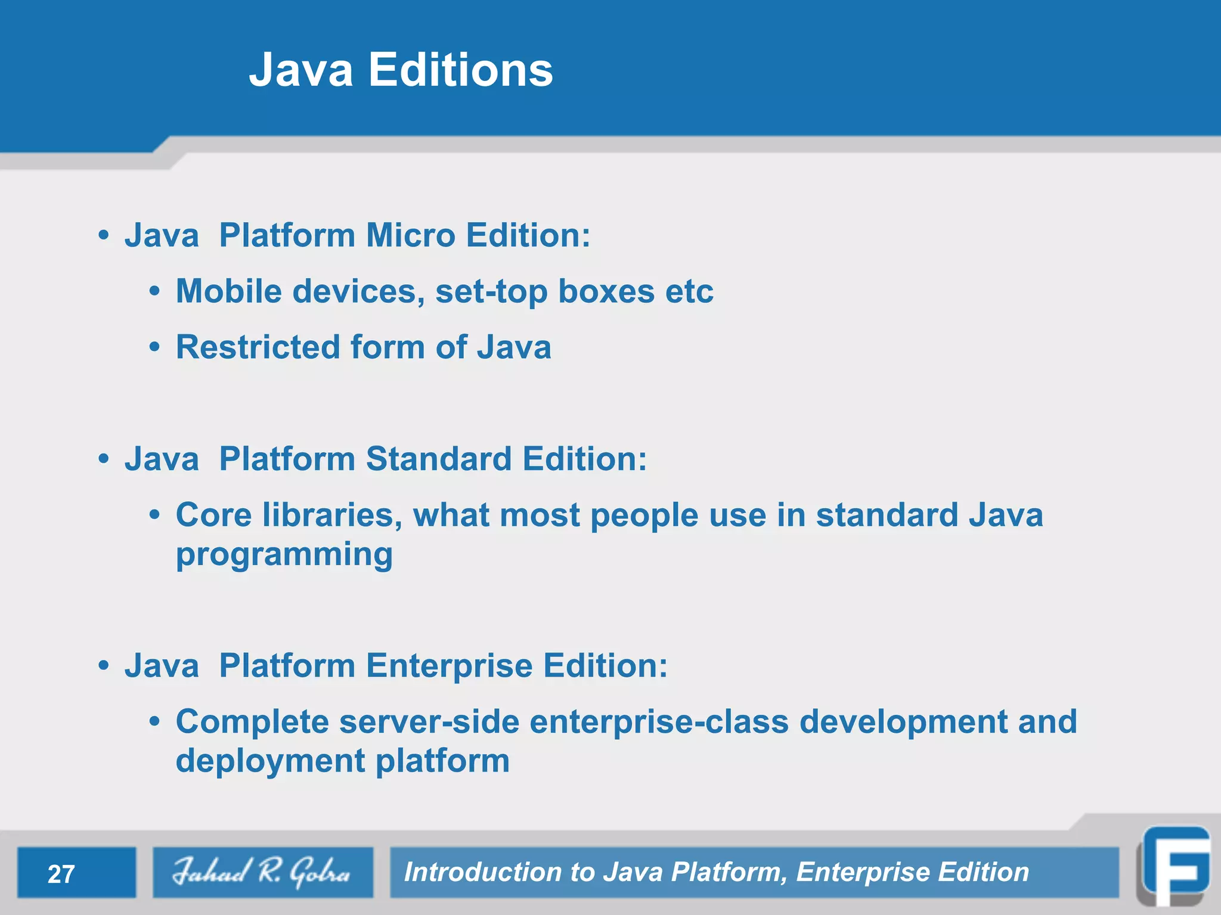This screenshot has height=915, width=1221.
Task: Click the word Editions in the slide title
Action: click(460, 70)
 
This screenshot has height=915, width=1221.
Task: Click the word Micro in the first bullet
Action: click(411, 235)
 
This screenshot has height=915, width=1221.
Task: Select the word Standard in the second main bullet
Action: click(439, 459)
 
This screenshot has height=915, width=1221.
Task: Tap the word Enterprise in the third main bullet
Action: click(449, 666)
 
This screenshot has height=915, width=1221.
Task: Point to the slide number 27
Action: click(61, 874)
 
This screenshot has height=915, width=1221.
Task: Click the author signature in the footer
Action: click(262, 872)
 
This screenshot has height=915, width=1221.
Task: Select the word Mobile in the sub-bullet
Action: click(229, 291)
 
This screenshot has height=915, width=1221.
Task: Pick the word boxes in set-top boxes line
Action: click(606, 291)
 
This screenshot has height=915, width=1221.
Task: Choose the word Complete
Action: click(252, 722)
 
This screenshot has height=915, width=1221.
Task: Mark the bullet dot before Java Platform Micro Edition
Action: click(104, 236)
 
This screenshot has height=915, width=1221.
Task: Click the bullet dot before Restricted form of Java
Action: click(155, 347)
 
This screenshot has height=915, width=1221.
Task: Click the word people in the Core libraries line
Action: click(644, 515)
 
